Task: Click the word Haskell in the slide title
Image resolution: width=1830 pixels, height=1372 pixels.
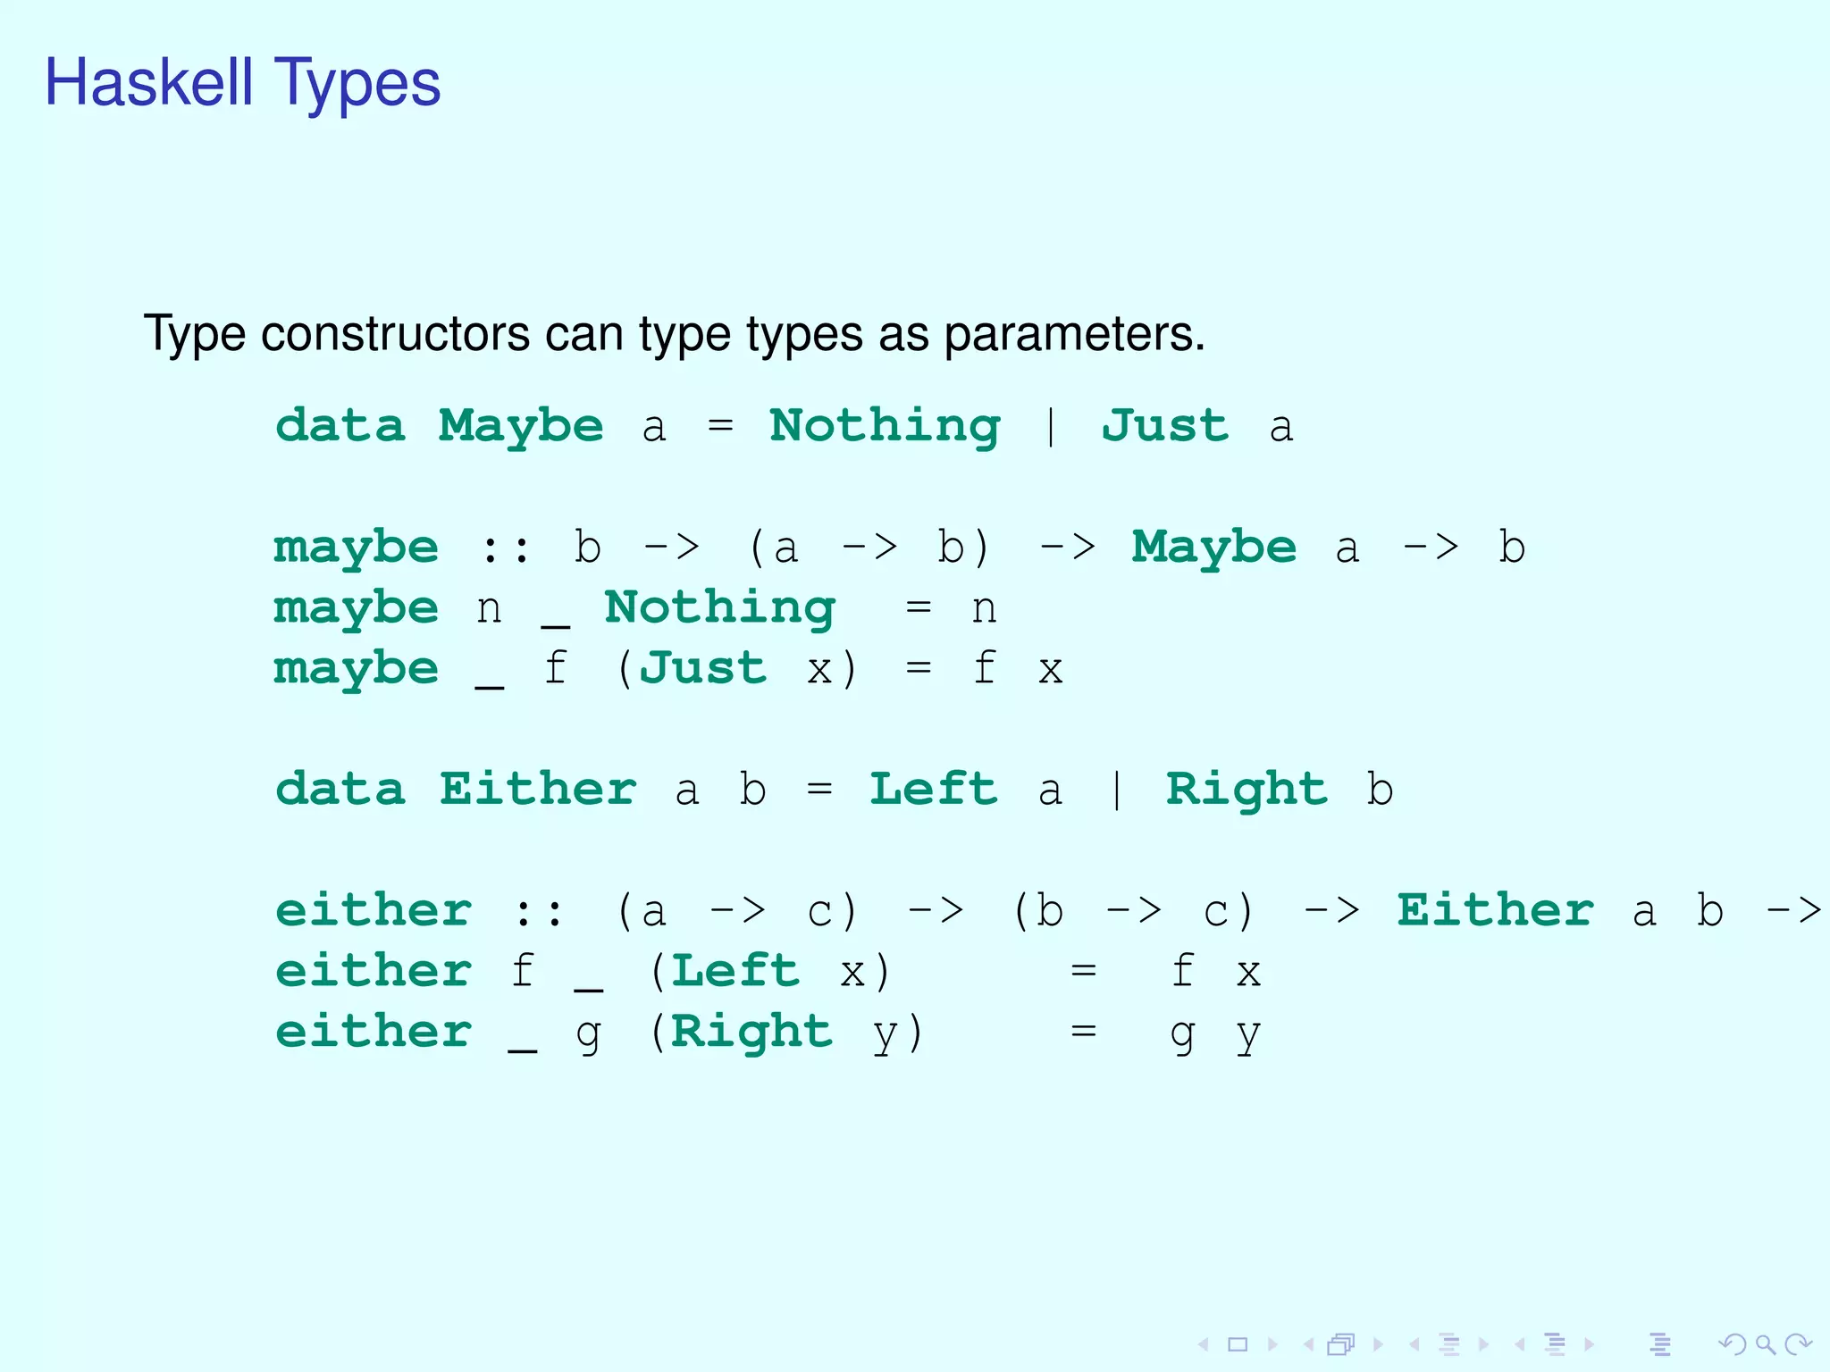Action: tap(149, 82)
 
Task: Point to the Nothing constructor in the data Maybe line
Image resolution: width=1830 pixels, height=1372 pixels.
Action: tap(885, 426)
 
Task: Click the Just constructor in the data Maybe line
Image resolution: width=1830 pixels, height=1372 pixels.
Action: tap(1165, 426)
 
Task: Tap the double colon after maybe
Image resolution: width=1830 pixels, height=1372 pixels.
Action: tap(506, 548)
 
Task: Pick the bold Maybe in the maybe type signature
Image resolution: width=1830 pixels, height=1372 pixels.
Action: tap(1213, 548)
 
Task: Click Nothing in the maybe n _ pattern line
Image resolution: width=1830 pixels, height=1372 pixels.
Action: tap(719, 608)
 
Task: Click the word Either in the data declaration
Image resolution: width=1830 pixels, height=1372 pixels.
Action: tap(538, 790)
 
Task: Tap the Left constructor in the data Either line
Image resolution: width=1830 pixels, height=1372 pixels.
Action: tap(934, 790)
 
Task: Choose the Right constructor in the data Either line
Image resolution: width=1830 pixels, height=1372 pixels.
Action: tap(1247, 790)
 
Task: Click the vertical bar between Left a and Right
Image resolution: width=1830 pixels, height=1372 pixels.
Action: tap(1117, 790)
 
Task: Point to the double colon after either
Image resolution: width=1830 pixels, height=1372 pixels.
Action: tap(540, 911)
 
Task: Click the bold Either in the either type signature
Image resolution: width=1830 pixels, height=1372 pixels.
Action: tap(1496, 911)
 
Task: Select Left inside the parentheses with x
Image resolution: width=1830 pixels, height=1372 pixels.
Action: tap(735, 971)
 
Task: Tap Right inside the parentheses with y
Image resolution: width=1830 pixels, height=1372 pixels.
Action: tap(751, 1032)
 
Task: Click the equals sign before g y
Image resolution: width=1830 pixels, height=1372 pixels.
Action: tap(1084, 1032)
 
